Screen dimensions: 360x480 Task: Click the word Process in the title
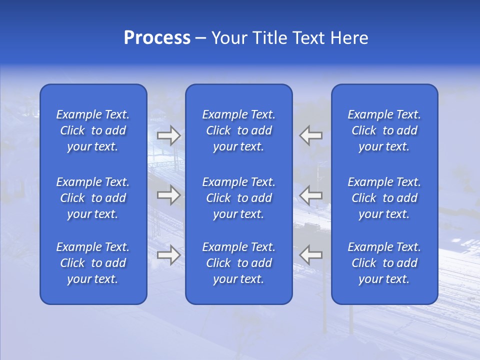pos(157,38)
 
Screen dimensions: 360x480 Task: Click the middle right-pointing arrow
pos(168,195)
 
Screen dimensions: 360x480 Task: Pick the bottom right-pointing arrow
pos(168,254)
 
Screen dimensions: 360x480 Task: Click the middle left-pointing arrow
pos(311,195)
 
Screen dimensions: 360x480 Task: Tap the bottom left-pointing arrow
pos(311,254)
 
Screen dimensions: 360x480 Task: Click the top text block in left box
pos(93,130)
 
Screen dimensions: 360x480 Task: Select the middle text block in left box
pos(93,198)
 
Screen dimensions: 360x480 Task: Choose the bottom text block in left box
pos(93,263)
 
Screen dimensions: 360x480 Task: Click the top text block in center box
pos(239,130)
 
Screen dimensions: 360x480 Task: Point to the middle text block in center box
pos(239,198)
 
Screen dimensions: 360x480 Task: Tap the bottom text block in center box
pos(239,263)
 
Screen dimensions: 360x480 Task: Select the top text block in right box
pos(384,130)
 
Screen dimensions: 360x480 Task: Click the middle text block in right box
pos(384,198)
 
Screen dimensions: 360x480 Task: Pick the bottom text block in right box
pos(384,263)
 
